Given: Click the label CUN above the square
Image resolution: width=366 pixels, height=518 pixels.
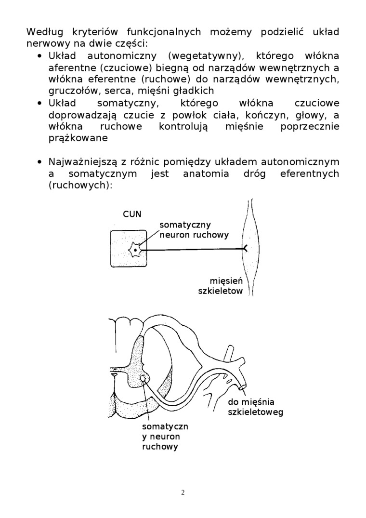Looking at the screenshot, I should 132,214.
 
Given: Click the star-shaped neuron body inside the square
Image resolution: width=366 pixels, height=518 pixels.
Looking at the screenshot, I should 135,250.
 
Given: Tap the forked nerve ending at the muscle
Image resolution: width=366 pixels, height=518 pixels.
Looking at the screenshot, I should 244,249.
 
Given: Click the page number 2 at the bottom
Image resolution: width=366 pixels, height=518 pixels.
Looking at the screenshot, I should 183,492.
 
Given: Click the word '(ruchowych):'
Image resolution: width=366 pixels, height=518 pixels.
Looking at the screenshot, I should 80,185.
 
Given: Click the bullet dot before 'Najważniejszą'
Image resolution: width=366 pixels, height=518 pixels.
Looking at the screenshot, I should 40,162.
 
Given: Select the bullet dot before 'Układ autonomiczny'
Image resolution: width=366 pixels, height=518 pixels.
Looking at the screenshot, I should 40,56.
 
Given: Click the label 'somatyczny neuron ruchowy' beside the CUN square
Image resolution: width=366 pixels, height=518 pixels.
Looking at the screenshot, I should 194,230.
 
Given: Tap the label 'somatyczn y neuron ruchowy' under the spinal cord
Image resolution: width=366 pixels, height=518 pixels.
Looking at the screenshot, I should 165,437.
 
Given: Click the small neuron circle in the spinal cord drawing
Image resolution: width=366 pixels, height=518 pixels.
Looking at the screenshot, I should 143,380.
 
